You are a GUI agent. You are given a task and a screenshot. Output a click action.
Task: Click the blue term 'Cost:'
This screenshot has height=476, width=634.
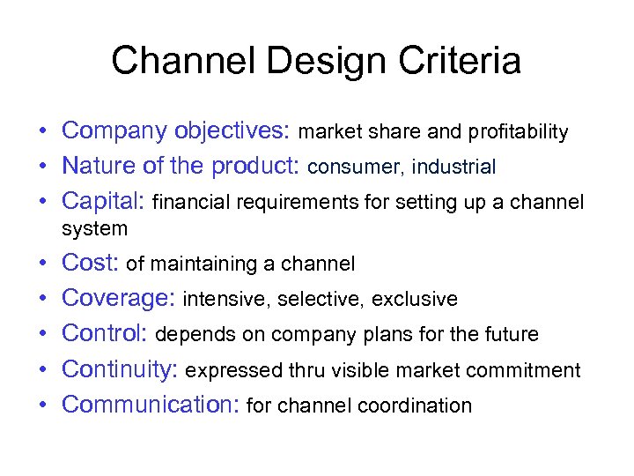click(91, 263)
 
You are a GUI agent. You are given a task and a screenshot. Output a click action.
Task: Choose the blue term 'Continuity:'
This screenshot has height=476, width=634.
click(120, 369)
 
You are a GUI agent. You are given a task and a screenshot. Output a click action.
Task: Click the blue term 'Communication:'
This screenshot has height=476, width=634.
click(151, 405)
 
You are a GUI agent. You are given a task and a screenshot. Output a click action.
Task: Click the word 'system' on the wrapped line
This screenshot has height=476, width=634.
click(94, 229)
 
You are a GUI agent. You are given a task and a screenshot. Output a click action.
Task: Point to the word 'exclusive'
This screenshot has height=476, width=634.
click(414, 300)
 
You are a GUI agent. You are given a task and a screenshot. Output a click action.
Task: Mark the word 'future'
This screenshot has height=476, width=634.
click(508, 335)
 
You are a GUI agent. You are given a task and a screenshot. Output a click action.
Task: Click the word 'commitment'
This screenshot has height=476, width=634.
click(529, 370)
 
